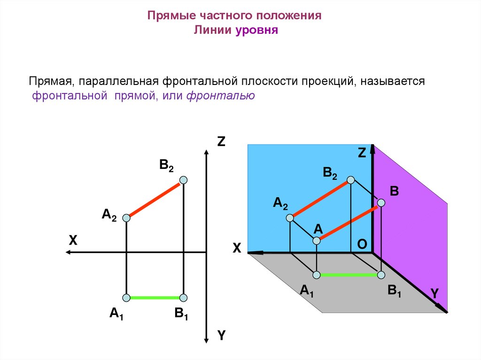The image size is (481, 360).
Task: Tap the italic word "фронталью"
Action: point(221,96)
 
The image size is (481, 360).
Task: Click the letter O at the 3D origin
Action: point(362,244)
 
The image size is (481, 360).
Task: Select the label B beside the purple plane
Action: point(394,191)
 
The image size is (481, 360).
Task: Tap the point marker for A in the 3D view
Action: point(317,240)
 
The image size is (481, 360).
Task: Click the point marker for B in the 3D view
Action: point(381,203)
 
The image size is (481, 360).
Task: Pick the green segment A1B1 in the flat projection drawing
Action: point(155,298)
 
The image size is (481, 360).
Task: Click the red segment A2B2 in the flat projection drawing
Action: point(155,200)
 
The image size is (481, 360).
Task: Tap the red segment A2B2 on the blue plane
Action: point(320,199)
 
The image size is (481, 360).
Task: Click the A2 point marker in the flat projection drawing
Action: point(126,218)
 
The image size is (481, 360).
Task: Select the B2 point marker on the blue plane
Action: point(350,180)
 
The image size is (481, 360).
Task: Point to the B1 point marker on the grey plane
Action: point(381,275)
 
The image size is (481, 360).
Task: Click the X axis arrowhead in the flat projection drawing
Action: point(69,253)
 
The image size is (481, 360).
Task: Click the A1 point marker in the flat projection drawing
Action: point(126,298)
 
